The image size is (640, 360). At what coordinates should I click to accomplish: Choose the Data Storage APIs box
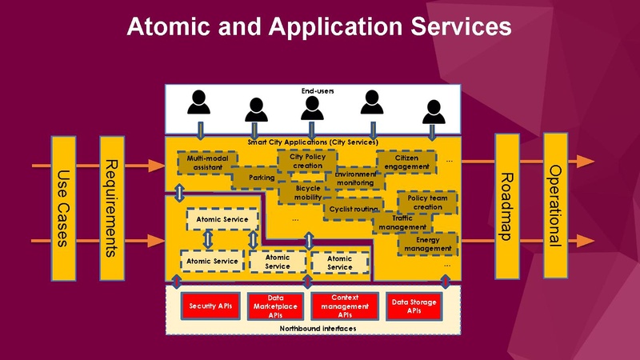tap(414, 306)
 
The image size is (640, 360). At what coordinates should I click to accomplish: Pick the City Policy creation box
tap(302, 160)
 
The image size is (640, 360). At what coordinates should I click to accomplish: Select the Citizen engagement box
tap(406, 162)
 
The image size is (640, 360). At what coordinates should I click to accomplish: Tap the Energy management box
tap(427, 244)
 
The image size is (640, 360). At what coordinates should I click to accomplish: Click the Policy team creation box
tap(427, 202)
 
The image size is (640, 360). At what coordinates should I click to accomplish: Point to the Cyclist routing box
tap(350, 210)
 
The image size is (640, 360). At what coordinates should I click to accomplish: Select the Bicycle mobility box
tap(307, 194)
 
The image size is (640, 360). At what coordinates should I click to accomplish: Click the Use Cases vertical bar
tap(65, 208)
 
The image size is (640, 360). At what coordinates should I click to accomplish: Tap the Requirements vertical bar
tap(113, 208)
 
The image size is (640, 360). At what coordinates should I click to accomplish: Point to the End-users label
tap(318, 91)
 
